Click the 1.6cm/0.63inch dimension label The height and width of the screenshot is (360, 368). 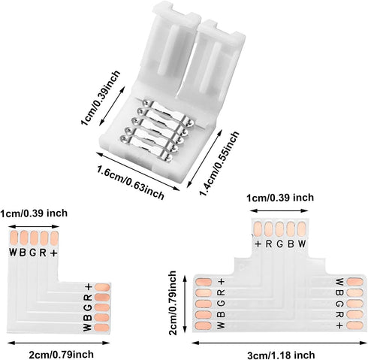131,182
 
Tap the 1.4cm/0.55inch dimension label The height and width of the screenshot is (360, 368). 219,163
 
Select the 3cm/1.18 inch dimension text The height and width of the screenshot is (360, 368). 281,355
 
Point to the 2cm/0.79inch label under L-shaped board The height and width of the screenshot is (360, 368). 61,354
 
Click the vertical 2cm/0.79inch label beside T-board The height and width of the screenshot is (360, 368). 173,303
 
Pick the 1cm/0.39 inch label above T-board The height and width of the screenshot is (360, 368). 280,198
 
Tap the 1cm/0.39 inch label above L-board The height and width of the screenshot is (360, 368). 34,213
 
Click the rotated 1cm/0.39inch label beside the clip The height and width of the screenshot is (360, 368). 101,98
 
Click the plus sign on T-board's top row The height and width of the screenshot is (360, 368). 258,244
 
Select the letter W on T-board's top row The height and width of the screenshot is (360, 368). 302,244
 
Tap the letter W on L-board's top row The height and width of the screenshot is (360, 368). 13,253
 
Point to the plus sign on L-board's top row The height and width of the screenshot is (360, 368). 53,253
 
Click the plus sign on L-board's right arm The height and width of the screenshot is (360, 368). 89,287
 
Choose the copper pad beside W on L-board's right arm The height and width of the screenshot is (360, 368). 102,328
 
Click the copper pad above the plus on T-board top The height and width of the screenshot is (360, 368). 258,229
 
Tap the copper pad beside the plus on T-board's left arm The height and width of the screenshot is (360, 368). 204,282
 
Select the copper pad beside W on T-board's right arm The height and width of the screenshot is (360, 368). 355,282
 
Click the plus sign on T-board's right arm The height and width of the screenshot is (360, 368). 339,325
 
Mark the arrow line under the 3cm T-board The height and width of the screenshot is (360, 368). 279,343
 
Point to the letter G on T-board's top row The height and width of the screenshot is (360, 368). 280,244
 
